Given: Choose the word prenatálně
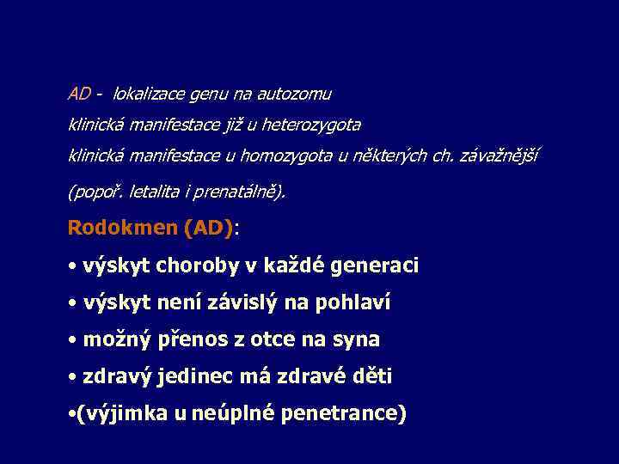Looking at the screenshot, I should coord(243,192).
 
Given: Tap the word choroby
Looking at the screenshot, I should coord(197,266).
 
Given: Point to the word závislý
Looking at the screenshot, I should coord(213,302).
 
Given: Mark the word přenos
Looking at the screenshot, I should coord(194,339).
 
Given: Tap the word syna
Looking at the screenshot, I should coord(353,339).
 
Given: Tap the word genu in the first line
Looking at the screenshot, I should coord(212,94).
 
